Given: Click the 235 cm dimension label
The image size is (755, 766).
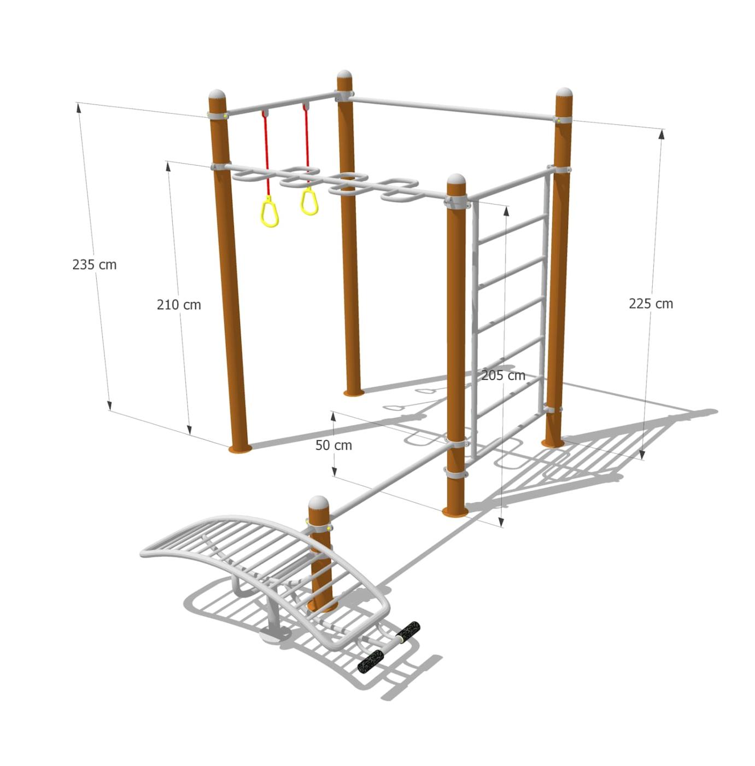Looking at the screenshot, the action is tap(95, 265).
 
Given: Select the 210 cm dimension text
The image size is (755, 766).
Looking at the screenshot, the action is tap(179, 305).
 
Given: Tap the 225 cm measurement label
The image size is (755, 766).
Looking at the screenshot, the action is tap(651, 304).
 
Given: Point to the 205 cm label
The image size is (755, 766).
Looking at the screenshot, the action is tap(503, 375).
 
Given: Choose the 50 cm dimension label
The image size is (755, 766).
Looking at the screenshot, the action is tap(334, 445).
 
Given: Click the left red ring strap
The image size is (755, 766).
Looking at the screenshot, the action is tap(266, 154).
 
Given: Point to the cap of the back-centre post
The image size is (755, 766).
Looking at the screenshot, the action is tap(344, 75).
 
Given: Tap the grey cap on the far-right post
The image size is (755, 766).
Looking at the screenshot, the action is tap(564, 92).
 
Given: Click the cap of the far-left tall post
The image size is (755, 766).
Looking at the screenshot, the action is tap(218, 95).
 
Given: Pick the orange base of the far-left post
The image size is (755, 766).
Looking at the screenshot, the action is tap(240, 449).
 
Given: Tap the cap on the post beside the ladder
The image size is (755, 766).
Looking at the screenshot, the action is tap(456, 179).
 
